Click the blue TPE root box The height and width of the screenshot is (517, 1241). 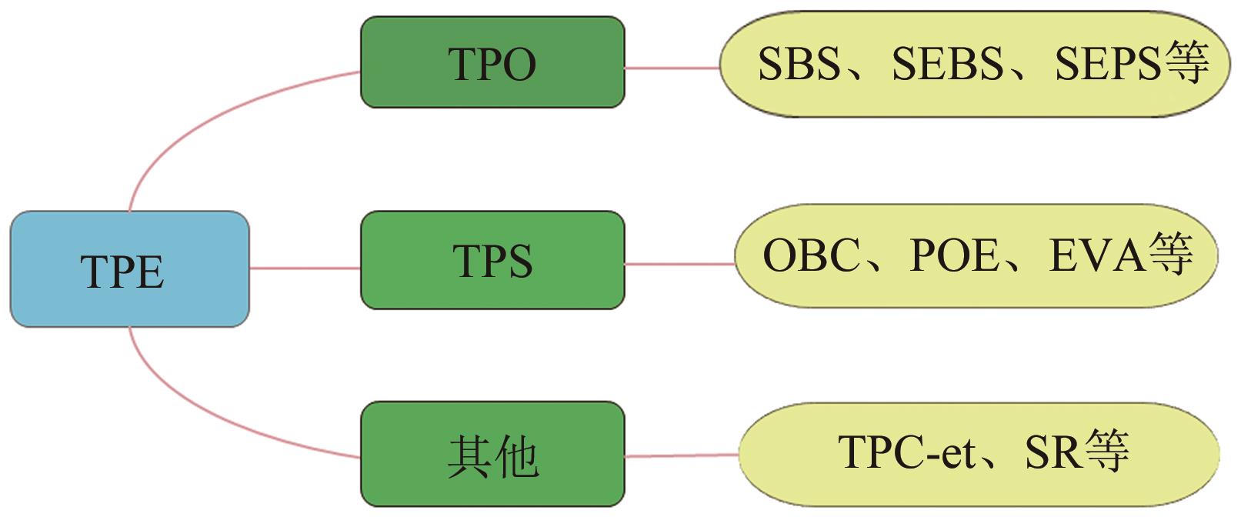coord(129,269)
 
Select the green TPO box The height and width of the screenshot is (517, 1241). coord(492,62)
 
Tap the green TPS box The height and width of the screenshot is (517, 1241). coord(492,260)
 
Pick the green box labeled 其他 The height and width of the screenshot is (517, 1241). coord(492,455)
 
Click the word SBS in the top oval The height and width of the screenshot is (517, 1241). coord(798,63)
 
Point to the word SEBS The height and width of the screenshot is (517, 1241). coord(947,63)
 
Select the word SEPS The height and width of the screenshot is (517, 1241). coord(1106,63)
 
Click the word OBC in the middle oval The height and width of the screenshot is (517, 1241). coord(810,255)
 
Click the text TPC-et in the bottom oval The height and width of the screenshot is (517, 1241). coord(906,452)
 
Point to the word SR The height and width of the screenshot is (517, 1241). coord(1051,452)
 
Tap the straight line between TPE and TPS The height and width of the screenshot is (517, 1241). coord(305,269)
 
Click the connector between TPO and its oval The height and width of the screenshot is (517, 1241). coord(672,68)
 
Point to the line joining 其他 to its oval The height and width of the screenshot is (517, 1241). coord(682,455)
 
